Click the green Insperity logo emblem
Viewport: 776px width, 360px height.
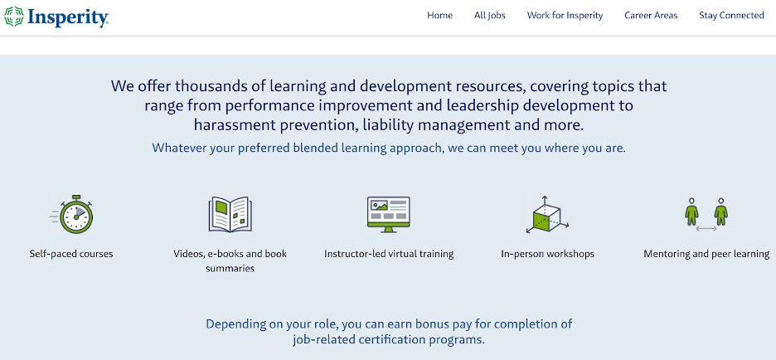14,16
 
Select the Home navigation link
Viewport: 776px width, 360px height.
439,16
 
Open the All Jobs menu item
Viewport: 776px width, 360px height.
489,16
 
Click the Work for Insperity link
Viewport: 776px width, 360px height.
565,16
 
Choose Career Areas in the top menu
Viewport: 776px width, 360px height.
651,16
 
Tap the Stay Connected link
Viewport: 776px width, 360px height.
731,16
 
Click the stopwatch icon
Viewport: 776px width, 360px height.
72,214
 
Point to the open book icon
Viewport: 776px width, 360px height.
230,214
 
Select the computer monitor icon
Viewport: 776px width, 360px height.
389,214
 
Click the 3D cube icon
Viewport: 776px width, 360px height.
546,214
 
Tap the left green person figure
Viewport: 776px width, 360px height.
692,212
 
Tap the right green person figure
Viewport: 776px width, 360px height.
721,212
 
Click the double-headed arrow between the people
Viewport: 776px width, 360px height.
706,229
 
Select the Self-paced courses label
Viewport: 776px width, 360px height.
71,254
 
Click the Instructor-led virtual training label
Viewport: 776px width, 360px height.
389,254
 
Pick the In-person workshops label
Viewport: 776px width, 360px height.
547,254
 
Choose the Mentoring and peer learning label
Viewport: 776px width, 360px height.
706,254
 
